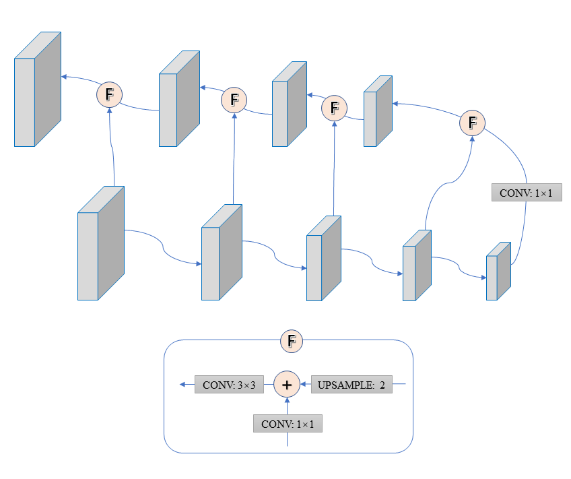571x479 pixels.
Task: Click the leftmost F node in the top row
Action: pos(110,94)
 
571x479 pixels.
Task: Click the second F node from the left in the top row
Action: pos(234,100)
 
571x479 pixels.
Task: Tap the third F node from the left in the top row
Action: pos(334,107)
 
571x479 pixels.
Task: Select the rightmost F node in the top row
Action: pos(472,123)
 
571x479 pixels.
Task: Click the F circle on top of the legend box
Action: pos(292,341)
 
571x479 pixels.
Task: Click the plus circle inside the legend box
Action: pos(287,385)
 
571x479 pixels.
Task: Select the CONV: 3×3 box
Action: pos(229,385)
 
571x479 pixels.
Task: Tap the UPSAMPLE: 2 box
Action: pos(351,385)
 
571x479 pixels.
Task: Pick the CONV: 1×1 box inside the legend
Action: pos(288,424)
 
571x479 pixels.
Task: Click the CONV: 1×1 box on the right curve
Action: pos(527,193)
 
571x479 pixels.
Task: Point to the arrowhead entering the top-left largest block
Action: pos(64,77)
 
